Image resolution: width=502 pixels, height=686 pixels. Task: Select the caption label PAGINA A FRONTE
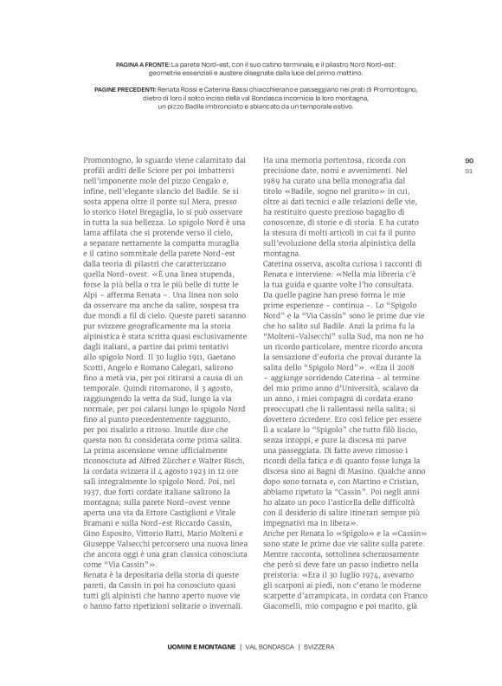[x=142, y=64]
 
